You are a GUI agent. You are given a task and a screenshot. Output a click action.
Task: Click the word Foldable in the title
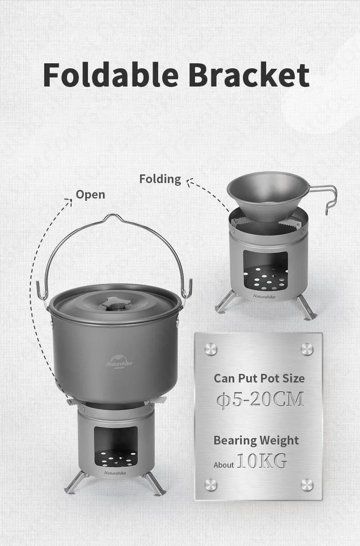pos(111,75)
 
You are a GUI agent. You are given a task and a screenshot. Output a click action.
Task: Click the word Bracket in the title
pos(249,75)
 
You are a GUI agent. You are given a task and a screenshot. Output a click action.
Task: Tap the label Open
pos(90,195)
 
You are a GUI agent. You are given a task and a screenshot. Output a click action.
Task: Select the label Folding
pos(160,179)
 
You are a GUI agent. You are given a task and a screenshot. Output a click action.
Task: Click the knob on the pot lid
pos(116,304)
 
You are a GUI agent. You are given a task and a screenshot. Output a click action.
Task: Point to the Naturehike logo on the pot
pos(119,362)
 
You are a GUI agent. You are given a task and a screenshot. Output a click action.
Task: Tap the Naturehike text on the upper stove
pos(264,296)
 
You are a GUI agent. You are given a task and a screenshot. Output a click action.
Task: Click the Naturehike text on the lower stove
pos(115,473)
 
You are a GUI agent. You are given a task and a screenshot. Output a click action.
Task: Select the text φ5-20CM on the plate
pos(260,399)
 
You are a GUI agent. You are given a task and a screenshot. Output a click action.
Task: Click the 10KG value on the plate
pos(262,460)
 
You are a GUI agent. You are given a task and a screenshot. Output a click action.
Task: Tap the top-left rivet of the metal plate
pos(211,349)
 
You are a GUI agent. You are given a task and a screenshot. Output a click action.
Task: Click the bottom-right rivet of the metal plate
pos(307,485)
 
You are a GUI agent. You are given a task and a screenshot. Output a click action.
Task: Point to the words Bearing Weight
pos(256,440)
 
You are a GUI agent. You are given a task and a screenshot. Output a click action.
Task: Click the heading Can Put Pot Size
pos(259,378)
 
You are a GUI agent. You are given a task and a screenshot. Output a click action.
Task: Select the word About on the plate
pos(224,465)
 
